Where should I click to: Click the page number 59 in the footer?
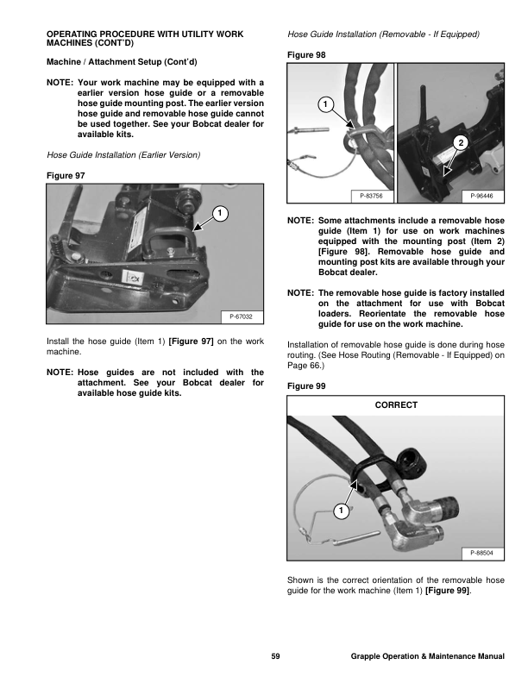coord(275,657)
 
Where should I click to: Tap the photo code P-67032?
coord(242,317)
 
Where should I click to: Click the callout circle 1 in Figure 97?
coord(219,212)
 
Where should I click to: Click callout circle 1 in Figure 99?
coord(341,511)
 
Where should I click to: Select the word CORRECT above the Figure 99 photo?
coord(396,405)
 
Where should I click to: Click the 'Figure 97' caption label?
coord(63,175)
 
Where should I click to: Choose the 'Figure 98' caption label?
coord(305,54)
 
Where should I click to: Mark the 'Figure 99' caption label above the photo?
coord(305,386)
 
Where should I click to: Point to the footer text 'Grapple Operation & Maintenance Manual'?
coord(427,657)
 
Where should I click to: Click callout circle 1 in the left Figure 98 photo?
coord(324,105)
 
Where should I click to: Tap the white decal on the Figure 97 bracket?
coord(135,277)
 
